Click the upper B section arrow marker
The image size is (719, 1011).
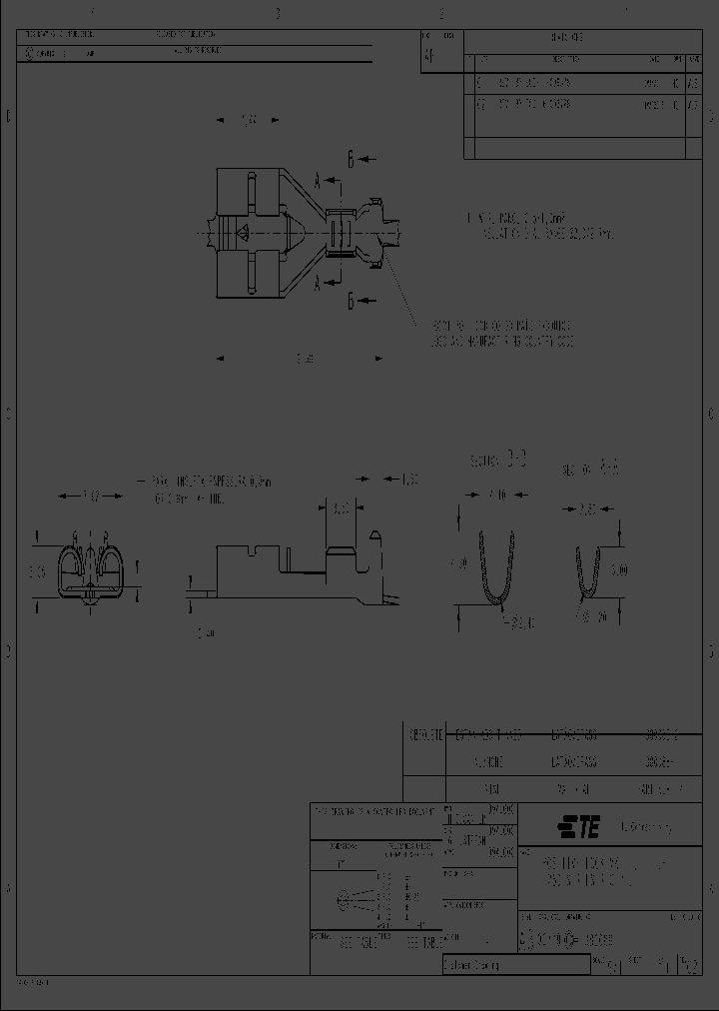(351, 158)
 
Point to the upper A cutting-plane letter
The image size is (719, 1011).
(317, 181)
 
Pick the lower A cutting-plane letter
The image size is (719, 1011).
(317, 284)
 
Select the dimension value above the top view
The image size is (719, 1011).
(249, 121)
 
